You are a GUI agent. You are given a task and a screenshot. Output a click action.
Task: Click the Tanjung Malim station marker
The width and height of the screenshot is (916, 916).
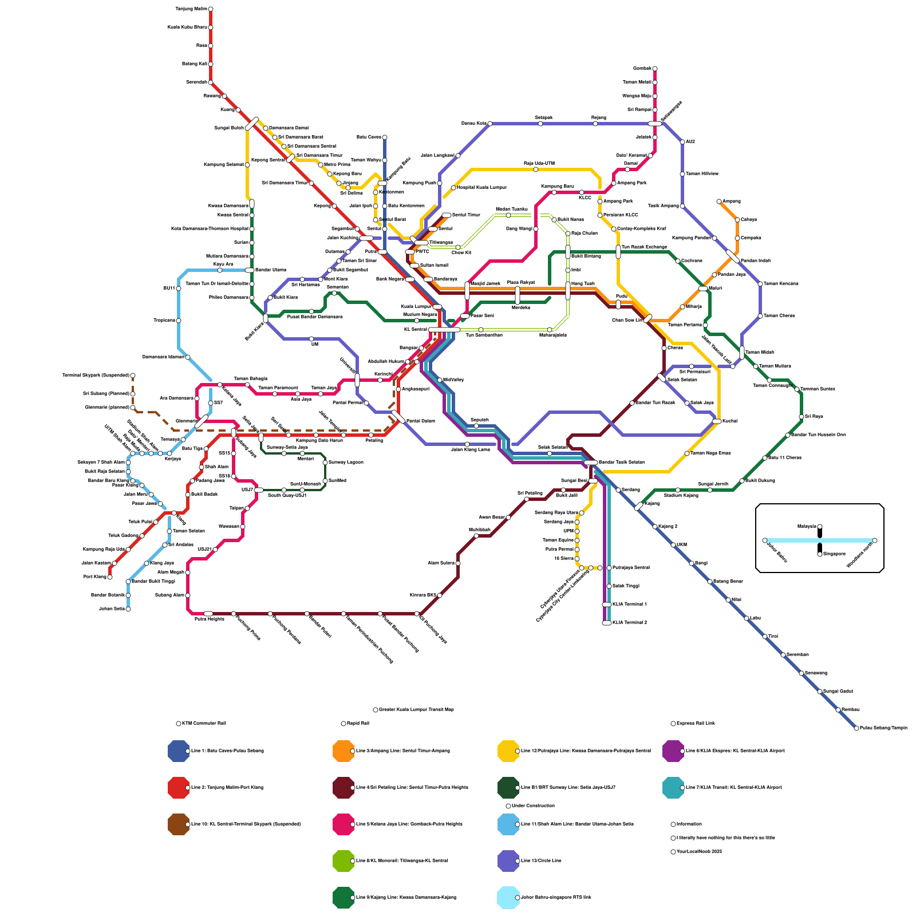211,9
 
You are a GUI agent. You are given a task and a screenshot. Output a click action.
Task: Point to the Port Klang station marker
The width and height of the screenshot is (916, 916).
110,577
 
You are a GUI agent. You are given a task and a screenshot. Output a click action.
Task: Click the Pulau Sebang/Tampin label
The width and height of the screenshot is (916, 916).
883,728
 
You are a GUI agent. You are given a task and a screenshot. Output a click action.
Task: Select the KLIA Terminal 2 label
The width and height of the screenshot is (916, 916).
629,622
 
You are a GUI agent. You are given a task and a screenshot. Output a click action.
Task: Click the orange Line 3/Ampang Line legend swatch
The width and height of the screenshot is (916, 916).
343,751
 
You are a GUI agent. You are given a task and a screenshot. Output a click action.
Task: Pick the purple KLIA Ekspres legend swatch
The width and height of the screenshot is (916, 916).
673,751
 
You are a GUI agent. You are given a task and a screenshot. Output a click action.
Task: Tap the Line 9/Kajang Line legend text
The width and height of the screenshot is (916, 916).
406,897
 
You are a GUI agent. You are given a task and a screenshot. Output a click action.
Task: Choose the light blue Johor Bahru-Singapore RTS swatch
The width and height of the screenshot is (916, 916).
508,898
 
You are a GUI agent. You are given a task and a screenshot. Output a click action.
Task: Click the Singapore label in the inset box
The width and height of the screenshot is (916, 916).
834,554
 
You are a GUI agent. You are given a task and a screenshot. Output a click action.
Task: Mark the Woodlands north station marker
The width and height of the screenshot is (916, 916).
875,540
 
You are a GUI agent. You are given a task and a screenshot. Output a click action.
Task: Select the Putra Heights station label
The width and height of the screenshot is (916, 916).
209,619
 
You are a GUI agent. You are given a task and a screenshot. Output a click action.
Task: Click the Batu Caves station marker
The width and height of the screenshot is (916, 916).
385,137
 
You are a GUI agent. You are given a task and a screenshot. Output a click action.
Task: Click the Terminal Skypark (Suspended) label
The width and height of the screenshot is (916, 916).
96,376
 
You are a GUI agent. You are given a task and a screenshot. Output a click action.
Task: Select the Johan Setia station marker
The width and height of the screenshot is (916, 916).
128,609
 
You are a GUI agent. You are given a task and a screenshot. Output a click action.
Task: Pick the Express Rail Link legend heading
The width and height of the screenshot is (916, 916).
696,723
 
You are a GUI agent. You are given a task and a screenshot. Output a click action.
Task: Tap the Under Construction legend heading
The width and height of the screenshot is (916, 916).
533,806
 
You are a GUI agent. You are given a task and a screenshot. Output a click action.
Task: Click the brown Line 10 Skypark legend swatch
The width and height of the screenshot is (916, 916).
179,824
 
